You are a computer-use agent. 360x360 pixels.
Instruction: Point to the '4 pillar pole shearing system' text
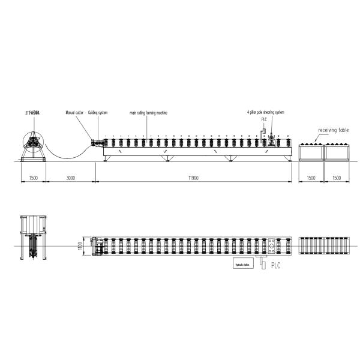coord(265,112)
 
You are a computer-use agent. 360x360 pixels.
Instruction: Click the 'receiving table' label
coord(334,130)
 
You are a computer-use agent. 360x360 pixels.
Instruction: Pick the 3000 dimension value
coord(71,179)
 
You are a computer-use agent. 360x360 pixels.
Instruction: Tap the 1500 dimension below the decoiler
coord(34,179)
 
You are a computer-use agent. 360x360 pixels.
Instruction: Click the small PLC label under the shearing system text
coord(263,119)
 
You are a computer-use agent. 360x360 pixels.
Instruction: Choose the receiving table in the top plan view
coord(323,246)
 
